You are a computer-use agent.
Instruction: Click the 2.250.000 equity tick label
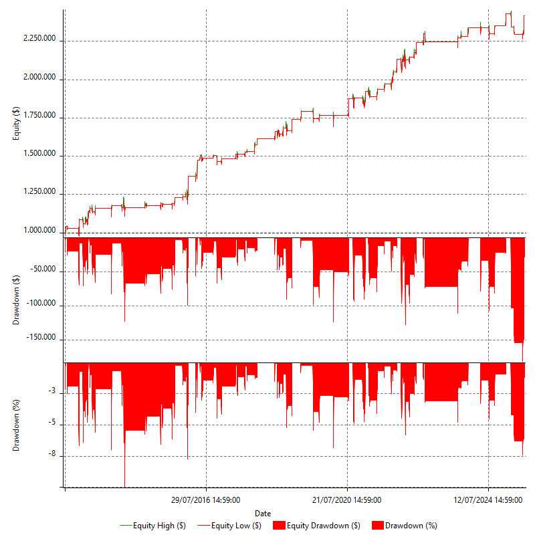pyautogui.click(x=39, y=38)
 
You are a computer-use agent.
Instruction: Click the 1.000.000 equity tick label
pyautogui.click(x=39, y=231)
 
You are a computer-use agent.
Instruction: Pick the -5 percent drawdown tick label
pyautogui.click(x=52, y=423)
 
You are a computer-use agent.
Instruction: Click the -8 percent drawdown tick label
pyautogui.click(x=52, y=455)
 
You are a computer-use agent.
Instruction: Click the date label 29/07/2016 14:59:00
pyautogui.click(x=206, y=500)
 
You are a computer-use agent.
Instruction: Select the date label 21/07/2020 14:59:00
pyautogui.click(x=347, y=500)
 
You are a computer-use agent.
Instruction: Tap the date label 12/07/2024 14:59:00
pyautogui.click(x=488, y=500)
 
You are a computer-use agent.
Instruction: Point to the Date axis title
pyautogui.click(x=263, y=513)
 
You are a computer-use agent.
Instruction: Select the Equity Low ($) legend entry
pyautogui.click(x=235, y=526)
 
